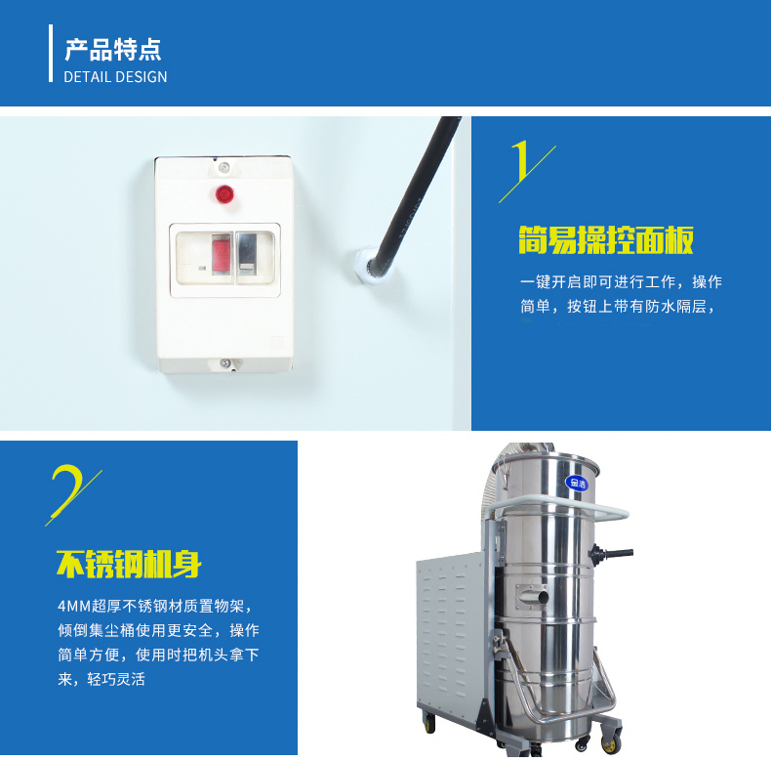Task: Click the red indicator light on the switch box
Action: [224, 194]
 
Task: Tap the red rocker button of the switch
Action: [222, 254]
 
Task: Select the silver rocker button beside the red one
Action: [247, 254]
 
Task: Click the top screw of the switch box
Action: [223, 167]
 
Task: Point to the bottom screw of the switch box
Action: [224, 363]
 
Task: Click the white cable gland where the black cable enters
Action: [371, 269]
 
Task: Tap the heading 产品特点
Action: [112, 49]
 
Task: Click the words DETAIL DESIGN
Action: [115, 77]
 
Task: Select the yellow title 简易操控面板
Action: [606, 240]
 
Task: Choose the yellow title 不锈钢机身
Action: [129, 564]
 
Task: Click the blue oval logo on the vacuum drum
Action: [577, 483]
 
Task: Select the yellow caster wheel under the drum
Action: [612, 744]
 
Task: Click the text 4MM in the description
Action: [74, 606]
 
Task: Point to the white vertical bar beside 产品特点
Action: [51, 53]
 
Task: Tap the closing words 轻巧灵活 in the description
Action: [116, 679]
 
